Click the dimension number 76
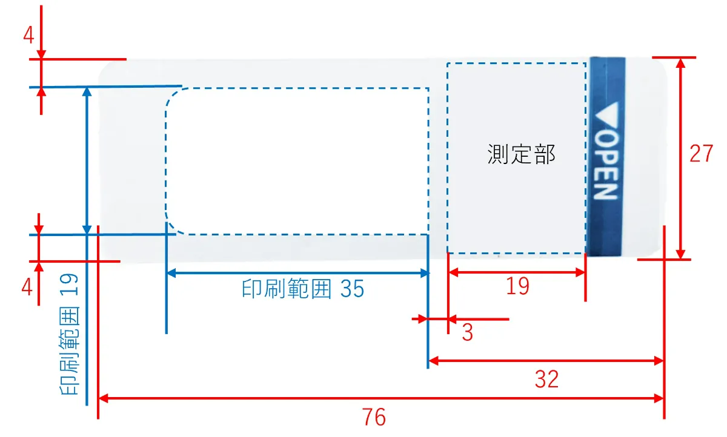tap(375, 418)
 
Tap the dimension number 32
tap(546, 379)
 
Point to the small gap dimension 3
tap(467, 332)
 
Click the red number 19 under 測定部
tap(517, 286)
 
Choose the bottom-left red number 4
tap(27, 287)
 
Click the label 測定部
tap(521, 155)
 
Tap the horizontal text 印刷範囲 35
tap(303, 289)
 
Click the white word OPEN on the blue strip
tap(605, 166)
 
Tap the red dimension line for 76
tap(242, 398)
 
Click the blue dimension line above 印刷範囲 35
tap(297, 274)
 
